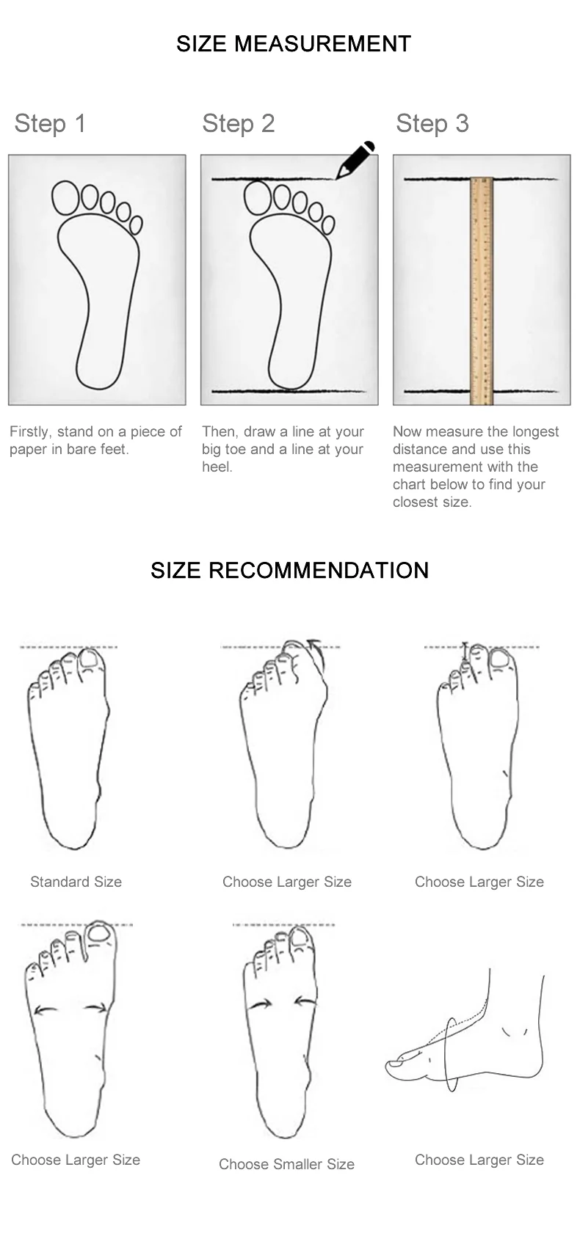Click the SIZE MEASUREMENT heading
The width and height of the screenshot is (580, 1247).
tap(294, 43)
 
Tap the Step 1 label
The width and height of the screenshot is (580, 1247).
tap(50, 123)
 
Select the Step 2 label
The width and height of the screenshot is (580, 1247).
tap(239, 123)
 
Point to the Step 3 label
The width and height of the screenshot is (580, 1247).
tap(432, 123)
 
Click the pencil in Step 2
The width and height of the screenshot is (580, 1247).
tap(355, 160)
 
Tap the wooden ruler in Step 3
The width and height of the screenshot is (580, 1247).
tap(482, 290)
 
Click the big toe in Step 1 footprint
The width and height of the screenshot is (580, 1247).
tap(66, 197)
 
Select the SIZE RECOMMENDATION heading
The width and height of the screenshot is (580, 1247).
tap(290, 570)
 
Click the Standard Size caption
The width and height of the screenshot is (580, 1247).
tap(76, 882)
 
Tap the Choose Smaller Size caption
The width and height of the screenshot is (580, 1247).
tap(286, 1164)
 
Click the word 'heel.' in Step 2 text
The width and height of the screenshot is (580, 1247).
tap(217, 467)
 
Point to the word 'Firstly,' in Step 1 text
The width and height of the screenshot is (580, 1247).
tap(31, 432)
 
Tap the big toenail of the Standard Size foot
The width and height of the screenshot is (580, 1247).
tap(89, 659)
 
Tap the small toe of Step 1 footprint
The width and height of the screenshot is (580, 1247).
tap(136, 224)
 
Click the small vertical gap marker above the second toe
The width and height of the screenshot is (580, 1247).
tap(465, 652)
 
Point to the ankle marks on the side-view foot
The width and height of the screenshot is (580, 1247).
tap(515, 1031)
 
